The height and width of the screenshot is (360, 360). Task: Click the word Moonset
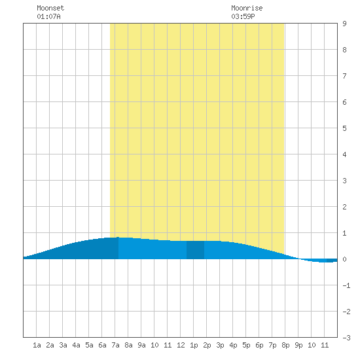click(x=50, y=8)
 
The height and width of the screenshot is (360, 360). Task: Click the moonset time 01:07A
click(x=48, y=16)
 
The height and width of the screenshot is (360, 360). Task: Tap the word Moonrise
click(x=247, y=8)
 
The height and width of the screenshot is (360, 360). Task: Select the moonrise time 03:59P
click(x=243, y=16)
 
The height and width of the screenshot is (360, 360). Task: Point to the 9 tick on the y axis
click(x=344, y=24)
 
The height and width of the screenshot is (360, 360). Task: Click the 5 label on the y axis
click(x=344, y=128)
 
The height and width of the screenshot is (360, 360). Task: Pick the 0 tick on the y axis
click(x=344, y=259)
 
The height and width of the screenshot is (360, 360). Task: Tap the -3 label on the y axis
click(x=346, y=338)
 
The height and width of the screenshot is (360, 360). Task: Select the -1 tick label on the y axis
click(x=346, y=285)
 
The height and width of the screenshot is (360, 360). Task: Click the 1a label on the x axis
click(x=37, y=345)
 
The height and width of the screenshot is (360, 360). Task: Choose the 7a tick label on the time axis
click(x=115, y=345)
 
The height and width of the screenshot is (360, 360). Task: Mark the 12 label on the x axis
click(x=181, y=345)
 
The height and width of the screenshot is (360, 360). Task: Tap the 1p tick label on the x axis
click(x=194, y=345)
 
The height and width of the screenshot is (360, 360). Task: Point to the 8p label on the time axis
click(x=285, y=345)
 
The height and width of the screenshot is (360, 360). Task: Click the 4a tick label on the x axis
click(x=76, y=345)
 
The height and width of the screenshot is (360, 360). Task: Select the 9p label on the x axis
click(x=298, y=345)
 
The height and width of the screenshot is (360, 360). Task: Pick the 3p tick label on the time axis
click(x=220, y=345)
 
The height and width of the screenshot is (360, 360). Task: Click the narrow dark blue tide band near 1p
click(x=195, y=250)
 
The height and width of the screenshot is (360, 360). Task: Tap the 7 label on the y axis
click(x=344, y=76)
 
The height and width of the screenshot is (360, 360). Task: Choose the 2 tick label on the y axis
click(x=344, y=207)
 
